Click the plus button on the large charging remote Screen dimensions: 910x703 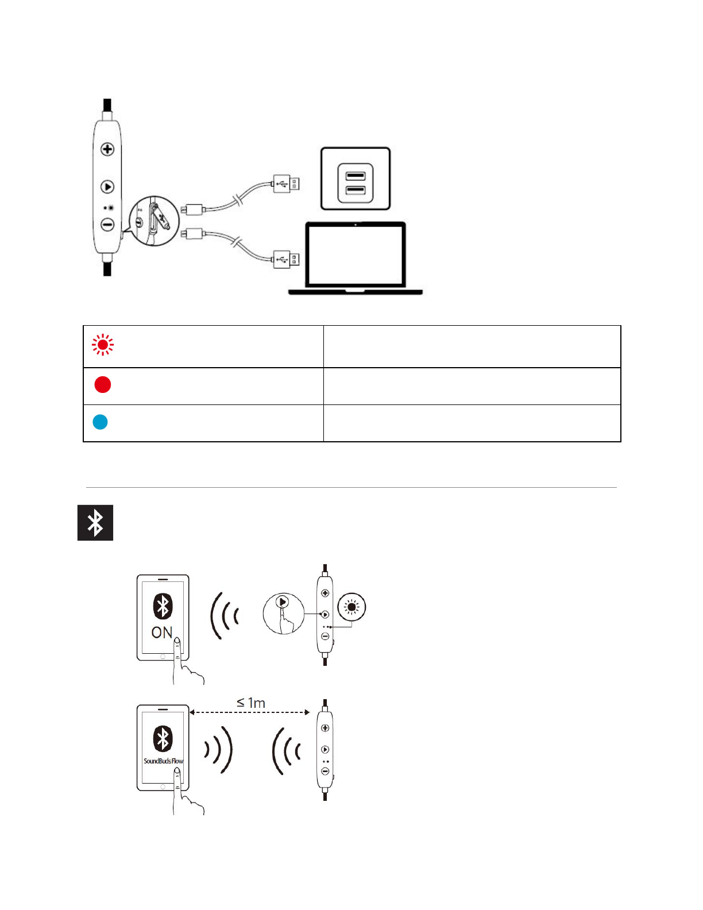pos(107,149)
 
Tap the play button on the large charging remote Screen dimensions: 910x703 pos(107,187)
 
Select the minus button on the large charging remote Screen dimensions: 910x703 pos(107,225)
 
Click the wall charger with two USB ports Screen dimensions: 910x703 pos(356,179)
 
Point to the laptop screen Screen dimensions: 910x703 pos(356,255)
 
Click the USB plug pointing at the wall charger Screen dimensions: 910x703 pos(286,184)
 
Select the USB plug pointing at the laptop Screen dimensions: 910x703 pos(286,259)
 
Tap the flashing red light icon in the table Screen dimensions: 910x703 pos(103,345)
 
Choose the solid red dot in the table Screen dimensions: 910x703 pos(103,384)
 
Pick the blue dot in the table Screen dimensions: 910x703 pos(101,422)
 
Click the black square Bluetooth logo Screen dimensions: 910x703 pos(95,523)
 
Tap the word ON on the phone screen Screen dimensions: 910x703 pos(161,633)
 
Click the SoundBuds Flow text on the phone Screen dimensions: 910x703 pos(163,761)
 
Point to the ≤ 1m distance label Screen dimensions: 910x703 pos(251,703)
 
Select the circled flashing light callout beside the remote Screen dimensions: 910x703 pos(352,607)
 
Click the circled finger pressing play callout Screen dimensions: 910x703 pos(283,613)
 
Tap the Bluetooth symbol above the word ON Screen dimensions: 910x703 pos(163,606)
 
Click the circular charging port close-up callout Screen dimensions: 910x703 pos(153,221)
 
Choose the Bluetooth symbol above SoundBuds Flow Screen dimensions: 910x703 pos(163,738)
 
